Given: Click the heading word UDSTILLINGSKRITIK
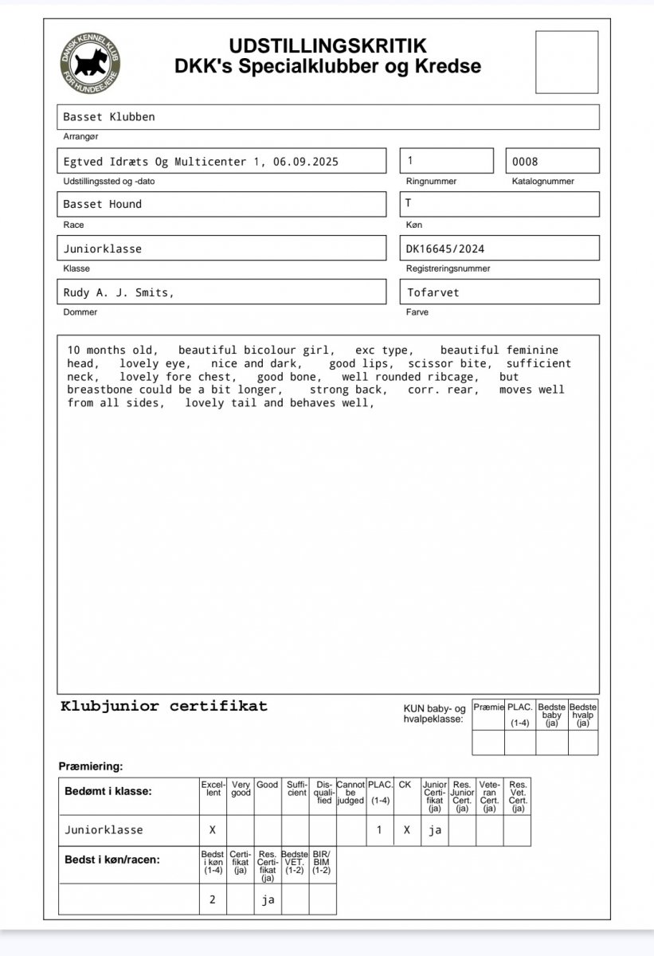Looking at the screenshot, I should tap(327, 46).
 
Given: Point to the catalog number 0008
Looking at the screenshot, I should tap(525, 162).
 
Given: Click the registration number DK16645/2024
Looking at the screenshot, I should tap(444, 249).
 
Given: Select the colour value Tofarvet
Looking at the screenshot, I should tap(433, 292).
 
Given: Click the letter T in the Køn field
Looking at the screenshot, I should tap(409, 203).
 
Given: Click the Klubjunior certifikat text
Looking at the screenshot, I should tap(164, 706).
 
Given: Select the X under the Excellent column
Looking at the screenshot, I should tap(212, 830).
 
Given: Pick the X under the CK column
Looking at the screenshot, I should tap(406, 830).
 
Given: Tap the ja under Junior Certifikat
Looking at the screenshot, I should tap(435, 830).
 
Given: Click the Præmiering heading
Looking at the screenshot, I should tap(91, 766).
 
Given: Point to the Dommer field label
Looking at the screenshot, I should tap(79, 312).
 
